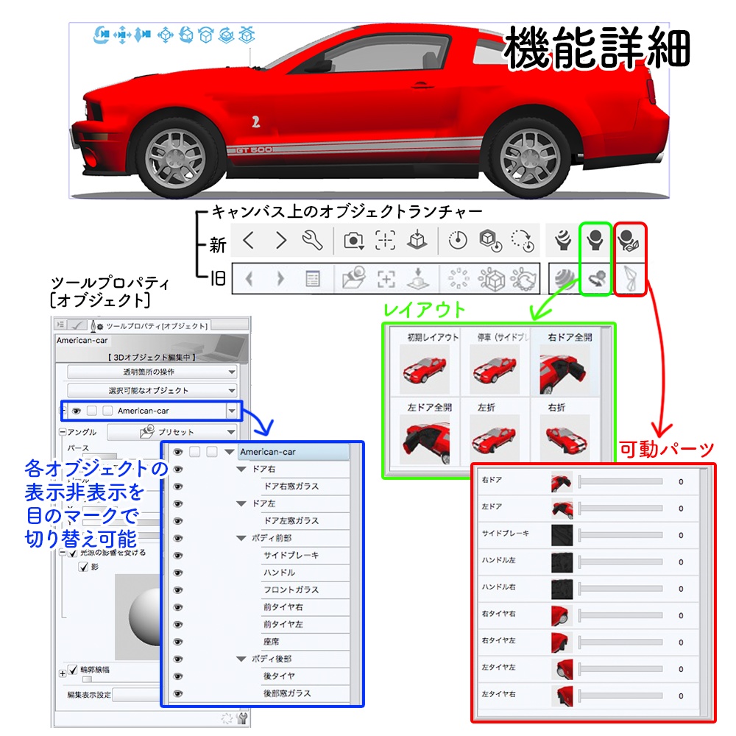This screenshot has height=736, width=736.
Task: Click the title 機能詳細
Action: [x=596, y=50]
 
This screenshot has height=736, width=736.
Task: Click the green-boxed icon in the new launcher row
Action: [x=595, y=240]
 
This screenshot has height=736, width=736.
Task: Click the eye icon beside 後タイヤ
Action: [x=177, y=676]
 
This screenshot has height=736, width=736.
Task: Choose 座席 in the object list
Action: [x=271, y=641]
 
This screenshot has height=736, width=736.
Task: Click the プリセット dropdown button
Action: [x=171, y=432]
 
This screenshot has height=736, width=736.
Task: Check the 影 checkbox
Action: [x=84, y=566]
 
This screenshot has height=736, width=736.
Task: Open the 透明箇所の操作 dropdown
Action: [x=152, y=372]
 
